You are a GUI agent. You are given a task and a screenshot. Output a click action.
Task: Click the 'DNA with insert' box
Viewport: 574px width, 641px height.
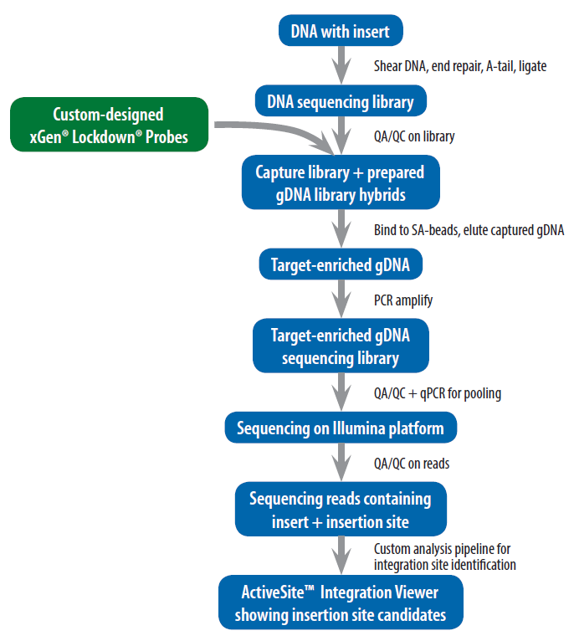point(340,32)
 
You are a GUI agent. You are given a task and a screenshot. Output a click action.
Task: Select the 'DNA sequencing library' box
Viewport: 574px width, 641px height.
point(340,102)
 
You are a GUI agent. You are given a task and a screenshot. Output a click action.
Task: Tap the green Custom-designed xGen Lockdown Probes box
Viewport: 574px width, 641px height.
point(109,125)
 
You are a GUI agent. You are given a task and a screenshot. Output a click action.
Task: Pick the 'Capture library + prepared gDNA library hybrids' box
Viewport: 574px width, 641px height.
point(340,183)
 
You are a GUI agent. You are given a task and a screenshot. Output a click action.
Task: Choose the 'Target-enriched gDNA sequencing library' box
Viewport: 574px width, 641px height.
point(340,346)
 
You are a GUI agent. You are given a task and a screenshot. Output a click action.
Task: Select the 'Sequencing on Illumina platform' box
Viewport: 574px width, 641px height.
point(340,428)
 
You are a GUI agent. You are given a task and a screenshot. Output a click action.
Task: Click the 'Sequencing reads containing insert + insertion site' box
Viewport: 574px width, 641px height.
point(340,510)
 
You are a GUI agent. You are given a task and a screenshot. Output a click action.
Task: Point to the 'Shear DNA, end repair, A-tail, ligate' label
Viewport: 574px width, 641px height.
point(459,66)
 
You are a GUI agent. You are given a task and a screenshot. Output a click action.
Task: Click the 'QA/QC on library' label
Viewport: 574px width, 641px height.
point(414,136)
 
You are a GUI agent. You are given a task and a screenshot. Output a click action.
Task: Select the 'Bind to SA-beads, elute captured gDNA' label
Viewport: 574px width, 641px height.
point(469,230)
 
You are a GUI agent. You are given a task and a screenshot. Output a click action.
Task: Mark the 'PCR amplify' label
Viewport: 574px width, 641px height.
point(402,300)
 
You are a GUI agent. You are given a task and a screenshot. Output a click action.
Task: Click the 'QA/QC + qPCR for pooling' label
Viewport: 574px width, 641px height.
point(437,393)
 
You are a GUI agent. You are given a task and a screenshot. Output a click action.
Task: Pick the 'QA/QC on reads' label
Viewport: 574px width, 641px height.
point(411,463)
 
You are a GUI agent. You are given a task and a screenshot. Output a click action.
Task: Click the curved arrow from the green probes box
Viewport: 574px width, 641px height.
point(276,130)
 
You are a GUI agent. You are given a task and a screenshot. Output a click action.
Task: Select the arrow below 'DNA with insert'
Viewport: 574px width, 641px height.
point(341,65)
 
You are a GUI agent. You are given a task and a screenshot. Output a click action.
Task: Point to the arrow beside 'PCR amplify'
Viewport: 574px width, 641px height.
point(341,299)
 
